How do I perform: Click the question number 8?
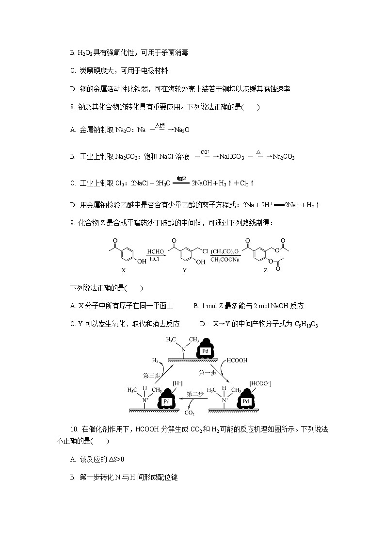click(73, 107)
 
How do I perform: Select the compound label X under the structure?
click(123, 270)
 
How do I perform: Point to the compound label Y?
click(184, 270)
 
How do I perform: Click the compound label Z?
click(265, 270)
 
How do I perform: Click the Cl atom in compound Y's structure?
click(205, 251)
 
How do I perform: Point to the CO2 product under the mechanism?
click(189, 413)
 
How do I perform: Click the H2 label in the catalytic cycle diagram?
click(155, 360)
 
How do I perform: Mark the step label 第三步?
click(152, 375)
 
